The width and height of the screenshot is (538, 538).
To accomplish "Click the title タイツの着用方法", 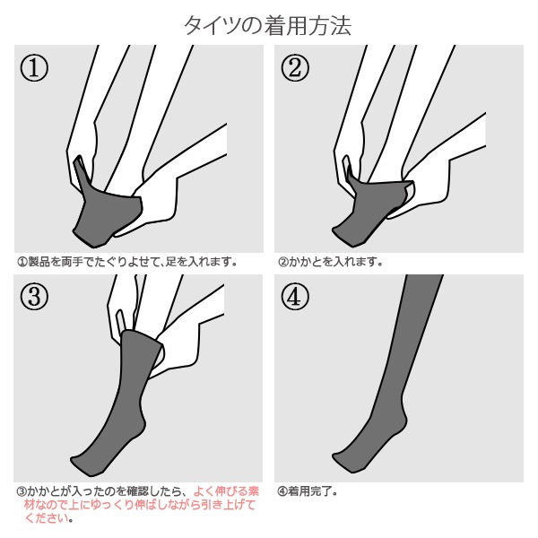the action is coord(268,25).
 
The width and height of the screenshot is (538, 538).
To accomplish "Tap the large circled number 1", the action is coord(34,67).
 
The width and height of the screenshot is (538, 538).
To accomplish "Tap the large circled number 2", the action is coord(295,67).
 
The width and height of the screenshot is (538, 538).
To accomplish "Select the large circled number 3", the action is coord(34,297).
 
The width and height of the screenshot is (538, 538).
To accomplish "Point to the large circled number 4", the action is coord(295,297).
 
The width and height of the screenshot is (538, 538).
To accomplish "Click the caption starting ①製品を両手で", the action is coord(127,262).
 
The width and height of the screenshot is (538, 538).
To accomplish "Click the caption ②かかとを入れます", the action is coord(330,262).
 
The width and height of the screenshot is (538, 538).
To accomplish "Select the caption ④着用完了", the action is coord(307,491).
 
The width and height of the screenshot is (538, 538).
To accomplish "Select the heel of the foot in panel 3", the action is coord(142,425).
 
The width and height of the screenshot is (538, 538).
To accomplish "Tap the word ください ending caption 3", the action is coord(46,518).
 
